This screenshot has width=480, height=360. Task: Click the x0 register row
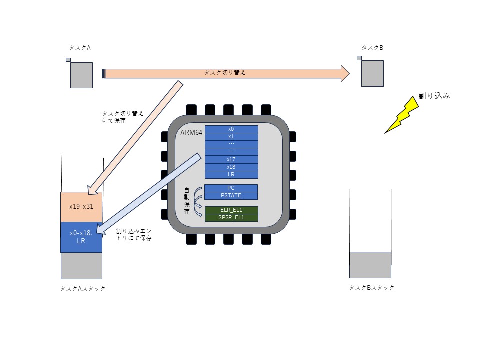[231, 129]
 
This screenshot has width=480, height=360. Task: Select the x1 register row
[231, 137]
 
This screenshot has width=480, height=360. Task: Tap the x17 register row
[231, 159]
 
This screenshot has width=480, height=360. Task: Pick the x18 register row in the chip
[231, 167]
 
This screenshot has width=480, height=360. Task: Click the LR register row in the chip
[231, 175]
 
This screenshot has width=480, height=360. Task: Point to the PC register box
[231, 188]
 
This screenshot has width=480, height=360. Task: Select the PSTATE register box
[231, 196]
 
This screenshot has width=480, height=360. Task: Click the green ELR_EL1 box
[231, 210]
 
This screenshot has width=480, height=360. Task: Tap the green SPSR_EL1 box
[231, 218]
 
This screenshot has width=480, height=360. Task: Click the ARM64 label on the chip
[191, 132]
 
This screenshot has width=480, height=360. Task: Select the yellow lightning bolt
[401, 115]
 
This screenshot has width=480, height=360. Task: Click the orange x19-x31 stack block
[81, 207]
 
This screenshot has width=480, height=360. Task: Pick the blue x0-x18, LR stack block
[81, 237]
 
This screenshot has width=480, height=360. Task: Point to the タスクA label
[80, 48]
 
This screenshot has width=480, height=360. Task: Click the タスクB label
[372, 48]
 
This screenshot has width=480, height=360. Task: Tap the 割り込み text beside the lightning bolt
[434, 96]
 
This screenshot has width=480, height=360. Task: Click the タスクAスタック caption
[83, 288]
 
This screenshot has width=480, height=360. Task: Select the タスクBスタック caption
[372, 288]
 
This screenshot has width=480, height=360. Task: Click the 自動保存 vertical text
[187, 201]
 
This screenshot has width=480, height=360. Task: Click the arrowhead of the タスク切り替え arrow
[346, 73]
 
